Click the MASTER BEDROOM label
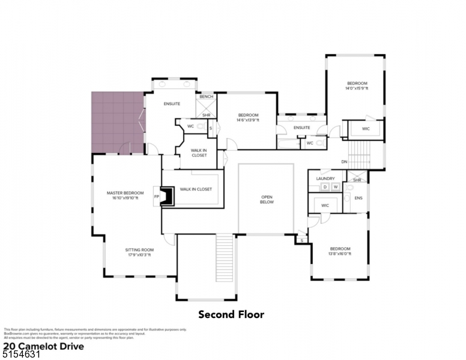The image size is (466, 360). click(x=125, y=193)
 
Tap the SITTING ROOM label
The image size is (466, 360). click(x=139, y=250)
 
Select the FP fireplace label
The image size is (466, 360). click(x=156, y=196)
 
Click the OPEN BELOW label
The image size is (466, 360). click(x=267, y=199)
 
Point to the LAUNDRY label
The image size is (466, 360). click(x=325, y=178)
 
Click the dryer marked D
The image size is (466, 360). click(x=325, y=187)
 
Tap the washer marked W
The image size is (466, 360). click(x=336, y=187)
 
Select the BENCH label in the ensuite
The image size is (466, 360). click(x=206, y=97)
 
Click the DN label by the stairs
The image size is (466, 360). click(x=344, y=161)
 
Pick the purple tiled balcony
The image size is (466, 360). click(x=116, y=122)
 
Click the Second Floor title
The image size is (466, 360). click(x=231, y=314)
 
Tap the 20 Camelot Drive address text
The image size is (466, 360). click(x=43, y=346)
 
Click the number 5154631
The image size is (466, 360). click(x=21, y=355)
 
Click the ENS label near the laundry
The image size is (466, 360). click(x=359, y=198)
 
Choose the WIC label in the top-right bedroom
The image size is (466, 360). click(x=366, y=129)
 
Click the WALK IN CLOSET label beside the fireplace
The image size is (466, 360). click(x=195, y=189)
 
